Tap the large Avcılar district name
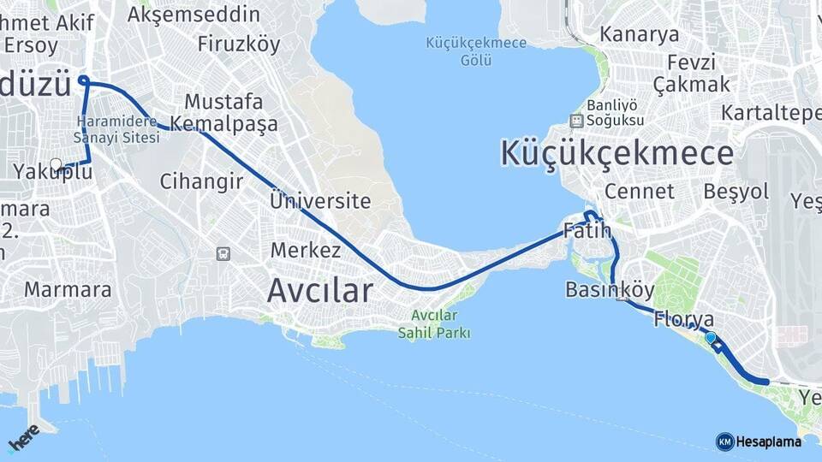tap(320, 291)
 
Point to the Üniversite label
tap(320, 202)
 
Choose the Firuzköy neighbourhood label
tap(239, 44)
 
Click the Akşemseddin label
tap(194, 15)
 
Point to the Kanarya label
tap(639, 35)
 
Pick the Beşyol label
tap(736, 192)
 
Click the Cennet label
tap(639, 191)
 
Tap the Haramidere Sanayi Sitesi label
tap(117, 129)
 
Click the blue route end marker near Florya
tap(710, 338)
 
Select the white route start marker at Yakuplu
tap(56, 164)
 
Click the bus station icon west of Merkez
tap(223, 253)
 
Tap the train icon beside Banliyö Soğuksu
tap(575, 121)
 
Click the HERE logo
tap(23, 438)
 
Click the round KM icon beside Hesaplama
tap(724, 441)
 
